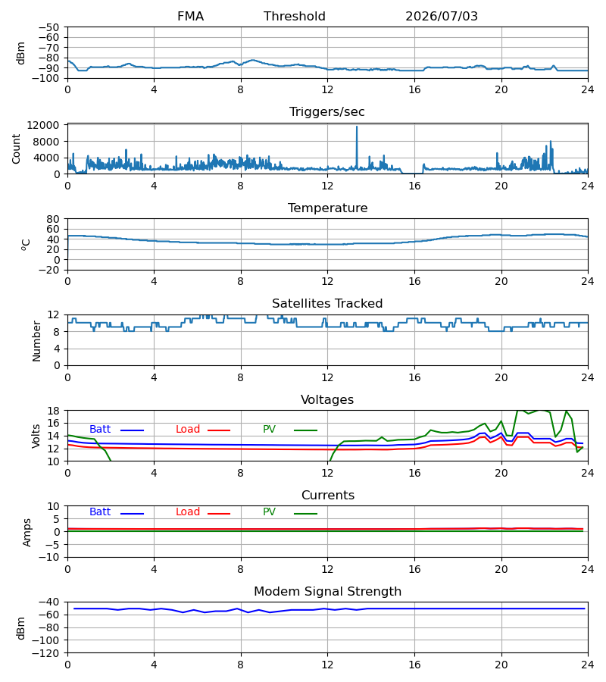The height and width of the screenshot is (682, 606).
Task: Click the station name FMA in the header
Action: (190, 17)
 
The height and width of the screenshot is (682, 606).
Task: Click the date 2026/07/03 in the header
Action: (442, 17)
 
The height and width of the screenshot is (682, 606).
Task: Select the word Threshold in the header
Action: (295, 17)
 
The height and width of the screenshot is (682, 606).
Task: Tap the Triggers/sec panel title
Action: (327, 112)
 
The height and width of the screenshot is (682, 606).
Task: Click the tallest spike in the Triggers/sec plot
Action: (357, 127)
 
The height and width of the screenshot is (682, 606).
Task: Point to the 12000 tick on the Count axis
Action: (43, 125)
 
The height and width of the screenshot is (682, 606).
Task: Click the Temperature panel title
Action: (327, 208)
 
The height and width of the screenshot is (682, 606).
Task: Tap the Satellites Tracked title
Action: (327, 304)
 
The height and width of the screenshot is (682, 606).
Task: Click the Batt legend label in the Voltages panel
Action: (100, 430)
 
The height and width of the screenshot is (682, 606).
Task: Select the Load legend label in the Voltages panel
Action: (188, 430)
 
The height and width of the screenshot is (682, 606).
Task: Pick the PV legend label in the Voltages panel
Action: (269, 430)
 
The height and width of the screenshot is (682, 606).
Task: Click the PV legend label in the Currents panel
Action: (269, 512)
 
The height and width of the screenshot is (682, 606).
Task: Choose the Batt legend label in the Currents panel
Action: (100, 512)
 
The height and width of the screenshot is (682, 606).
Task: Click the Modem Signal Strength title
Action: (327, 592)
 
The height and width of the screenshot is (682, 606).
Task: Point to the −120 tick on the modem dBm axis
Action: (48, 653)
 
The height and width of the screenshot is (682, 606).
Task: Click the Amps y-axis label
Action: (27, 533)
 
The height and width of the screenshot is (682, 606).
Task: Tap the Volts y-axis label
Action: (36, 436)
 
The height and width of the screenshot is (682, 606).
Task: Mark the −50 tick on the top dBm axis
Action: (48, 27)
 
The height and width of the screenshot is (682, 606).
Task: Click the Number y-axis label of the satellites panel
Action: (36, 342)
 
